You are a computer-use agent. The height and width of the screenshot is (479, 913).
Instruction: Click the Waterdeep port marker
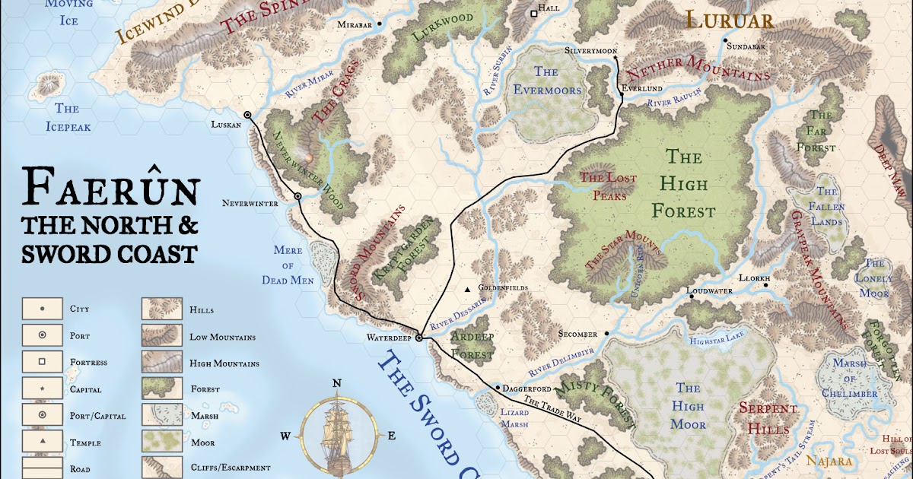pos(418,338)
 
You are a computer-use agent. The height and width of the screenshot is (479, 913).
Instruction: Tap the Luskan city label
pos(226,124)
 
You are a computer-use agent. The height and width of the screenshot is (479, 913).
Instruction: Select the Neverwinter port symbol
pos(298,196)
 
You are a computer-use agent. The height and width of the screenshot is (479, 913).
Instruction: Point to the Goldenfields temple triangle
pos(468,289)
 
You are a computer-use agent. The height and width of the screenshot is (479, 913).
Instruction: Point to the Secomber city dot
pos(606,333)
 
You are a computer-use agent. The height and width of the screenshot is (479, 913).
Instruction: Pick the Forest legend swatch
pos(161,389)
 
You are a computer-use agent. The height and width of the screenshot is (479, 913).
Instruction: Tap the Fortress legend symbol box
pos(42,362)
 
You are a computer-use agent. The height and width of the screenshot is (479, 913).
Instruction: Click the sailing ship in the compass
pos(336,430)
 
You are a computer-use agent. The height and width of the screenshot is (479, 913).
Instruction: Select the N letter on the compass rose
pos(336,383)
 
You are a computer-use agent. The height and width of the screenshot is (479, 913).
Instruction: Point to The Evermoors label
pos(546,81)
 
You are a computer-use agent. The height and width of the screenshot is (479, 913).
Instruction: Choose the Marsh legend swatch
pos(161,415)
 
